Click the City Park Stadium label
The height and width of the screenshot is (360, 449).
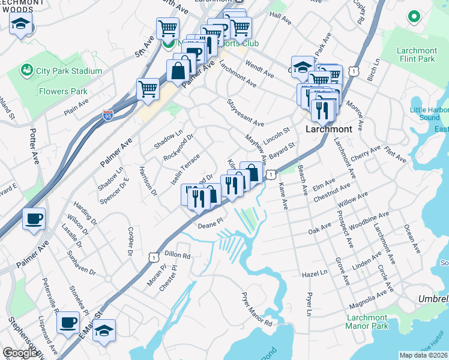[x=68, y=71]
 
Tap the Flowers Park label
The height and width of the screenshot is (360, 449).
[x=63, y=92]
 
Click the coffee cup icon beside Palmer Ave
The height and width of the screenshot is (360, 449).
[x=34, y=218]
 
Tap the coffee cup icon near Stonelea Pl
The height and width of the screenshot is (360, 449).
[x=68, y=322]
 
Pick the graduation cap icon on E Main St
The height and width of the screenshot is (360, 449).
[x=104, y=330]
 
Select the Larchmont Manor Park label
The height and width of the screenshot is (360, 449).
[x=366, y=321]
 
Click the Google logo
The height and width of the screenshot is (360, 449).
[x=20, y=353]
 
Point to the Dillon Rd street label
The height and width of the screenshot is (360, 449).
[x=177, y=256]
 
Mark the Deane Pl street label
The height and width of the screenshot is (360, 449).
[x=211, y=221]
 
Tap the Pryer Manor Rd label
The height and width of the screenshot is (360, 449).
[x=256, y=309]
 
